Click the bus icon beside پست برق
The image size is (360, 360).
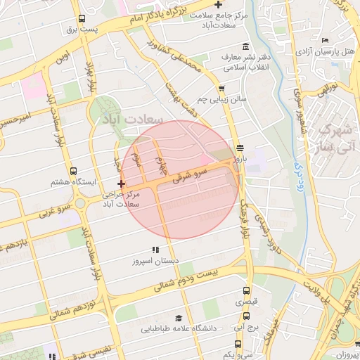(x=82, y=19)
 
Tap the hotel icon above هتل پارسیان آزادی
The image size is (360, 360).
(x=324, y=41)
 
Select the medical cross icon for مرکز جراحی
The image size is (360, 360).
(x=122, y=184)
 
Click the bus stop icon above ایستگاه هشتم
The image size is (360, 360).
(x=74, y=171)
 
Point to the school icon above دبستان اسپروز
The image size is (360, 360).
(x=155, y=250)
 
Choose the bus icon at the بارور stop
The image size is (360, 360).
(x=241, y=148)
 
